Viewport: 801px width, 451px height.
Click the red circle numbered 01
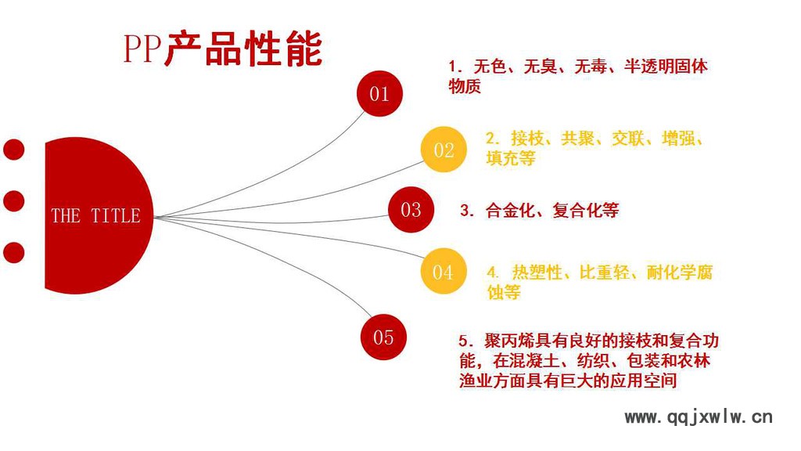point(379,94)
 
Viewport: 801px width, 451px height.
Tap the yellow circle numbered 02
point(444,150)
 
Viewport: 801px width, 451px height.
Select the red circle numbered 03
point(411,209)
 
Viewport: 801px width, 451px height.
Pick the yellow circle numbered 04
point(443,272)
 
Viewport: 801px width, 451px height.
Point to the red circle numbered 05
point(383,337)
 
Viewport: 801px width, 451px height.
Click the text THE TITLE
point(95,215)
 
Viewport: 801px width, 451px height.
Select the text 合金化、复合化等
point(552,210)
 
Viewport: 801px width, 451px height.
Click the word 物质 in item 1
point(465,86)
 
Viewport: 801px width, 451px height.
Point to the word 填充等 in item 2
point(511,158)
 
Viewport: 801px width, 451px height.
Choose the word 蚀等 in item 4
point(504,292)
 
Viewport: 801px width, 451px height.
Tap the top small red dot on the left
point(13,149)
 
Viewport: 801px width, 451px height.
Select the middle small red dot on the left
point(13,200)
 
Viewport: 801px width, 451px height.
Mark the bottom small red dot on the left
point(13,252)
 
